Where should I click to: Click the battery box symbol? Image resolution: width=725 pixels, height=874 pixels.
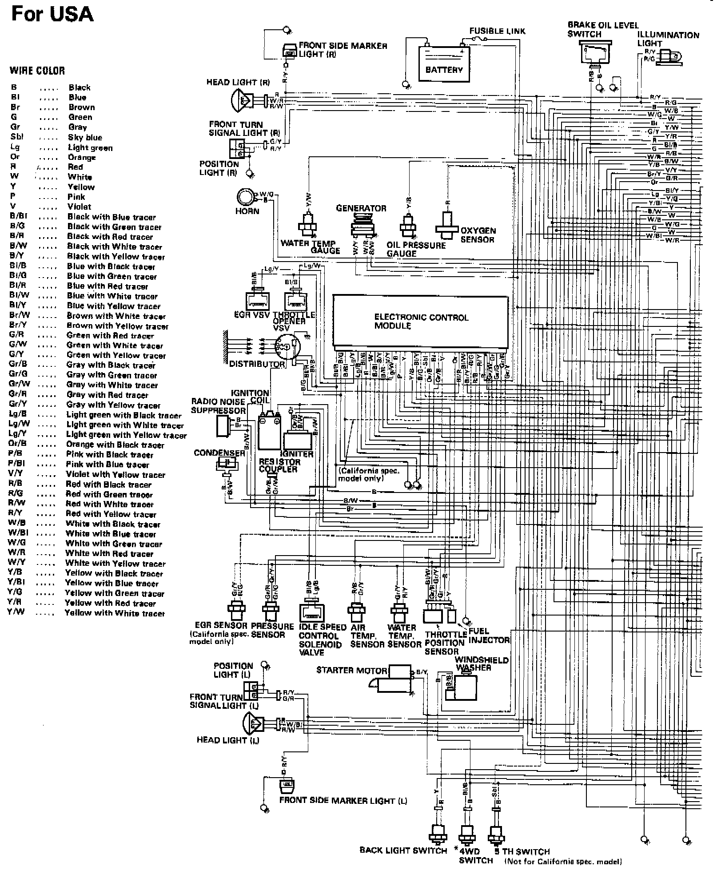click(x=444, y=65)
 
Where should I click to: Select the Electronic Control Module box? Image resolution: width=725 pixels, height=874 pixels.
click(x=421, y=321)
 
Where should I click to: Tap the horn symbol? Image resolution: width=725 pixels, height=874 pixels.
click(x=244, y=196)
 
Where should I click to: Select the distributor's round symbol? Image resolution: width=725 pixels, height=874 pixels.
click(x=287, y=348)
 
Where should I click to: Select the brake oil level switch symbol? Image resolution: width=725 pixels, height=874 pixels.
click(x=594, y=52)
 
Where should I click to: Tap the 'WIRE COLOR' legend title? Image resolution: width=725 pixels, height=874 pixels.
click(x=37, y=71)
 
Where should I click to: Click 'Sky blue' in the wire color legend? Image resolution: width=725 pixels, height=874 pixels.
click(x=85, y=138)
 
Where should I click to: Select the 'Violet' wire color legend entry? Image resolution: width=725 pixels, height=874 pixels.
click(x=79, y=207)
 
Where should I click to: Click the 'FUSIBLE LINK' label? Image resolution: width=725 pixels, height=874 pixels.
click(x=497, y=31)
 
